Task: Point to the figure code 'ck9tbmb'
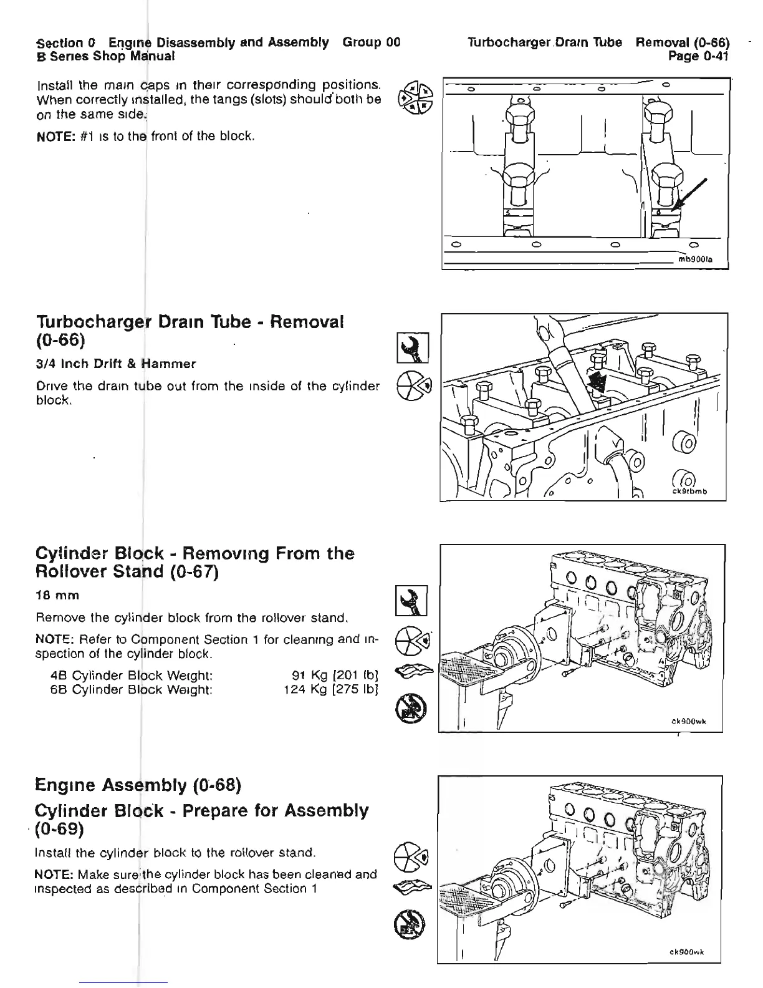click(x=690, y=491)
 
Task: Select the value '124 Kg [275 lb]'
click(x=332, y=689)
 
